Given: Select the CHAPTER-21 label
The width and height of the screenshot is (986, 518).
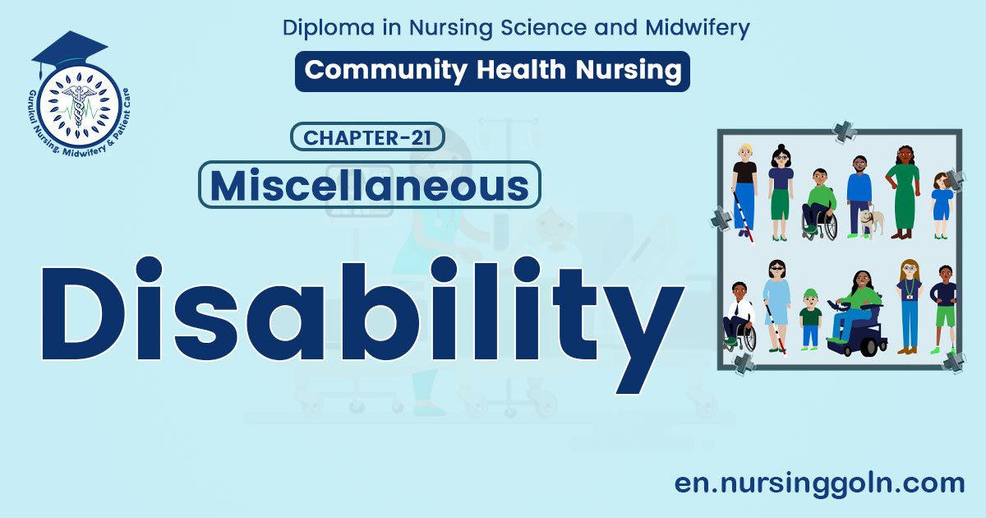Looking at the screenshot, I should (367, 137).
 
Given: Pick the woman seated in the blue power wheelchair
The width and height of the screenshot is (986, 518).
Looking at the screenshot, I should (855, 313).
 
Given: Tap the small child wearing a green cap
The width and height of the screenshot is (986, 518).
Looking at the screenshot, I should (811, 317).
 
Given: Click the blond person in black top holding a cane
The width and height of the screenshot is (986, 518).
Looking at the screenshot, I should (745, 189).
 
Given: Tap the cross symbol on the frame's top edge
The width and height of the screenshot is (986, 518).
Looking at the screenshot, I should (845, 130).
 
